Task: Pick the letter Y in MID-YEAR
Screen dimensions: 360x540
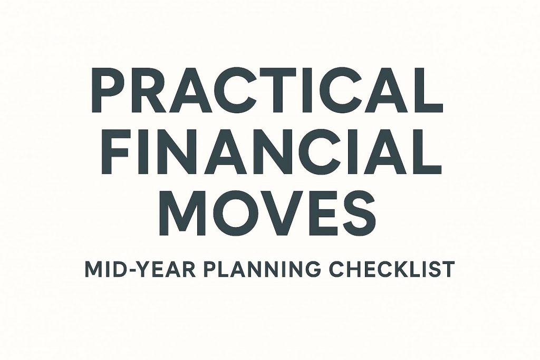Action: pos(139,269)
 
